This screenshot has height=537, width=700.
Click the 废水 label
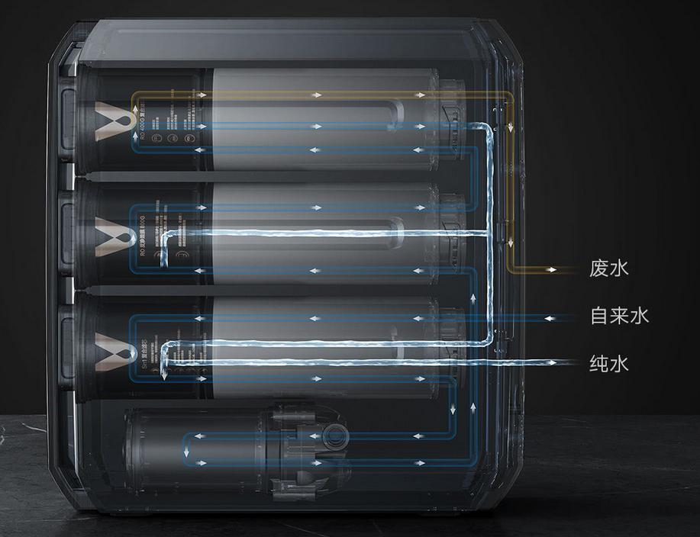pos(608,268)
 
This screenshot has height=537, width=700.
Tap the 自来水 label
pos(619,316)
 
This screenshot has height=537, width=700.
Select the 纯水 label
pos(608,363)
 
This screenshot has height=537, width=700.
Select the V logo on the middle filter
pos(106,236)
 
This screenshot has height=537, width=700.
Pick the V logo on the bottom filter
pos(106,350)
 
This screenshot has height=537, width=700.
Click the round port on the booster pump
pos(333,438)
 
